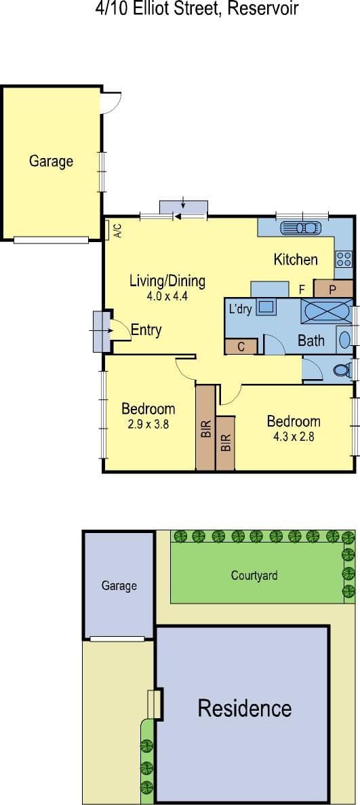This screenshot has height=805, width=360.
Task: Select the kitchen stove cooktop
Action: pos(344,259)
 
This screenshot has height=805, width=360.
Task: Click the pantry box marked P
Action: pos(333,289)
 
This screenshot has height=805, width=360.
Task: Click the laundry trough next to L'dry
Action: pos(266,307)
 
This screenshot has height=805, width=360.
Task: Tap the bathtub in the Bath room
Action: pos(327,311)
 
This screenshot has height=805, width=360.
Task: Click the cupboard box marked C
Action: pos(241,347)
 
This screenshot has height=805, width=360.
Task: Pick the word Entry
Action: pos(146,330)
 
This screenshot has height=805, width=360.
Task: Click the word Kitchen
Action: pos(296,260)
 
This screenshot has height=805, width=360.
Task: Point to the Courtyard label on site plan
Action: pos(254,576)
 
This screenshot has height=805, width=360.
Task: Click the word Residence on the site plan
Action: pos(245,709)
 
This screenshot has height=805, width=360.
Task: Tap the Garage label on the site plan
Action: pos(119,586)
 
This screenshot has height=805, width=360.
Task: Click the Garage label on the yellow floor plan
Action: pos(51,161)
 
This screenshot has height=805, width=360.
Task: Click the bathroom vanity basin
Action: pos(344,339)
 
